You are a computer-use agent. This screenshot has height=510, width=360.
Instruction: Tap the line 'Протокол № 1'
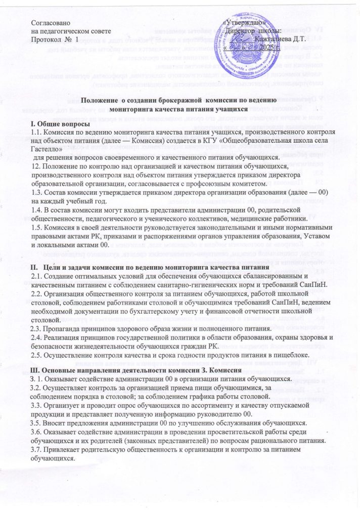(55, 39)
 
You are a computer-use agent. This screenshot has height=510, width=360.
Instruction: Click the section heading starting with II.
(149, 267)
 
